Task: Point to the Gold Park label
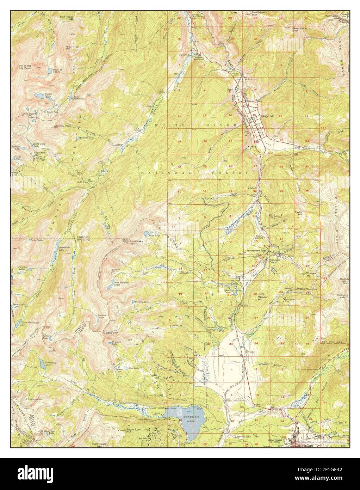tap(82, 183)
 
